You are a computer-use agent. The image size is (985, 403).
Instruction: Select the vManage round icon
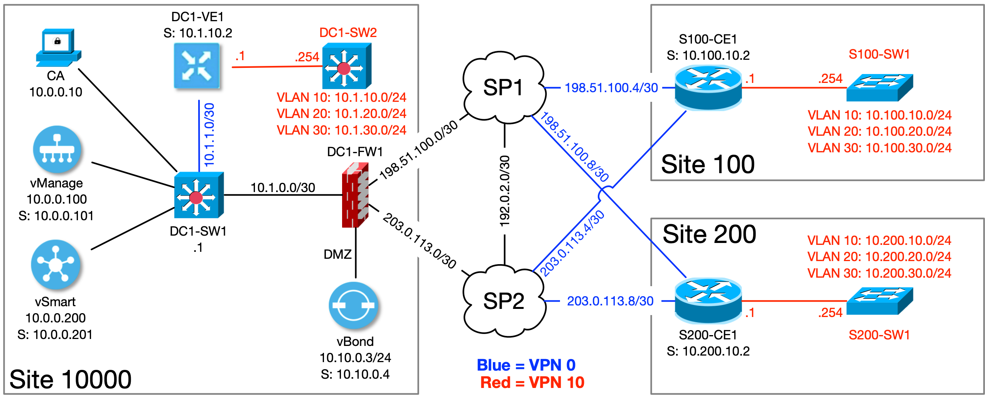pos(57,149)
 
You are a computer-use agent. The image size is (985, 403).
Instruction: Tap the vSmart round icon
pos(56,264)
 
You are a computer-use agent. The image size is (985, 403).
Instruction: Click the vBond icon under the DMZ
pos(354,305)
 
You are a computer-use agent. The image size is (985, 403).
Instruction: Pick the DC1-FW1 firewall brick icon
pos(355,195)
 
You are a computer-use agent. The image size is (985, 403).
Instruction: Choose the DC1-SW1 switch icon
pos(198,195)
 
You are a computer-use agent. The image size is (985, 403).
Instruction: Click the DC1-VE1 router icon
pos(197,66)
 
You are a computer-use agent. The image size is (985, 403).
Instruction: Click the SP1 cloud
pos(503,88)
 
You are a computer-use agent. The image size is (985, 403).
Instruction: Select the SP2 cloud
pos(503,301)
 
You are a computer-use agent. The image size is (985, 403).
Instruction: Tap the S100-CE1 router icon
pos(708,88)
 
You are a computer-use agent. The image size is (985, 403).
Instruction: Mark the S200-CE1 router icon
pos(708,300)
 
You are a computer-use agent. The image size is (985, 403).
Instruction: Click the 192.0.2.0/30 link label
pos(504,191)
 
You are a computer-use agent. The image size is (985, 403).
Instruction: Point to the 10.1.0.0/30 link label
pos(283,188)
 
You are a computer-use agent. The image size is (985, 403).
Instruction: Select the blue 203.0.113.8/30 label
pos(610,301)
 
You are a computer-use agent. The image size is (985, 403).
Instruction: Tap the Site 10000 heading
pos(70,379)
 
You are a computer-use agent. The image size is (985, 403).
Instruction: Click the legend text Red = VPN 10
pos(532,383)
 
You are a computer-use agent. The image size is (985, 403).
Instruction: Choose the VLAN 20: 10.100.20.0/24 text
pos(879,132)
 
